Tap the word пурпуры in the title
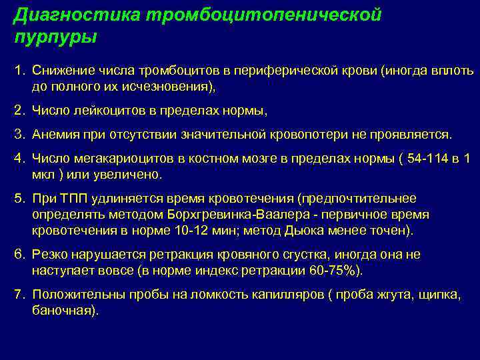click(x=55, y=36)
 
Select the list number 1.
click(x=19, y=71)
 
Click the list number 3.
click(x=19, y=135)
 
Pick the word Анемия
click(x=53, y=135)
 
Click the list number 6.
click(x=19, y=255)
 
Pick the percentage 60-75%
click(x=332, y=271)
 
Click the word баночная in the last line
click(x=62, y=311)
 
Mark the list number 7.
click(x=19, y=295)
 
